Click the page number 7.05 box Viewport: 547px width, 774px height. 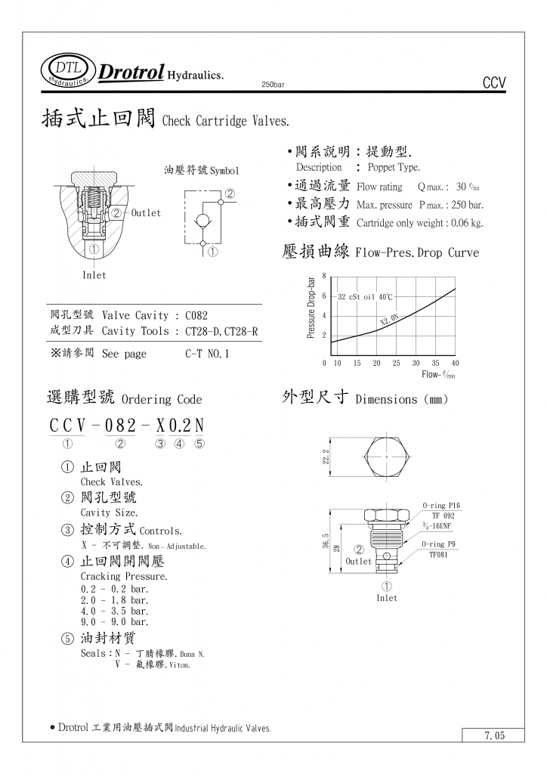pos(494,735)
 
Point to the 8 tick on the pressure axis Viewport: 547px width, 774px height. pos(324,276)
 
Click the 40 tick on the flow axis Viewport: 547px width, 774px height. pos(455,364)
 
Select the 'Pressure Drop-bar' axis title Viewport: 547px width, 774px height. pos(311,307)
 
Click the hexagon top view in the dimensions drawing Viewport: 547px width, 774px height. pos(387,457)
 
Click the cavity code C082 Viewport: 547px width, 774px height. pos(196,315)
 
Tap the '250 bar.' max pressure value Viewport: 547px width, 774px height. pos(465,205)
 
